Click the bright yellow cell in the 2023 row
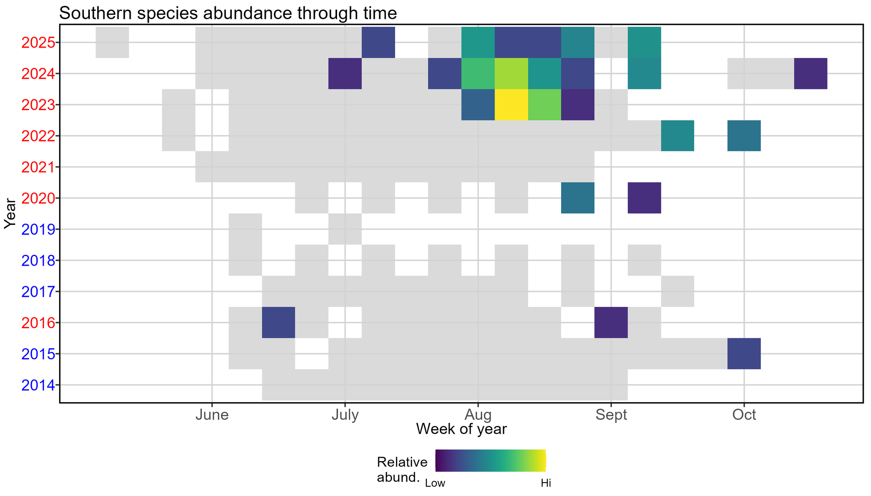coord(511,105)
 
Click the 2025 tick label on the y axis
coord(38,43)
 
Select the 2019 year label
coord(38,229)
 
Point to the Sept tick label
coord(611,415)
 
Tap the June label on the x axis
coord(212,415)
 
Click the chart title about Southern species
coord(228,13)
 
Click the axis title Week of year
coord(461,429)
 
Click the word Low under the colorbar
coord(435,483)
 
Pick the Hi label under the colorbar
coord(546,483)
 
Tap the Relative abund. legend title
coord(402,469)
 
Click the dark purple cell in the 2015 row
coord(744,354)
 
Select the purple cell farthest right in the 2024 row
coord(811,73)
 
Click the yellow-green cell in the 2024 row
coord(511,73)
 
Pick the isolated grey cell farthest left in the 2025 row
coord(113,43)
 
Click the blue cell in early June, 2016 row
coord(279,322)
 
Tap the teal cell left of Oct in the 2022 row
coord(677,136)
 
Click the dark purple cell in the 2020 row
coord(644,198)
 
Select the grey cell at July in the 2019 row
coord(345,229)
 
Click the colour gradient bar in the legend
coord(490,461)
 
